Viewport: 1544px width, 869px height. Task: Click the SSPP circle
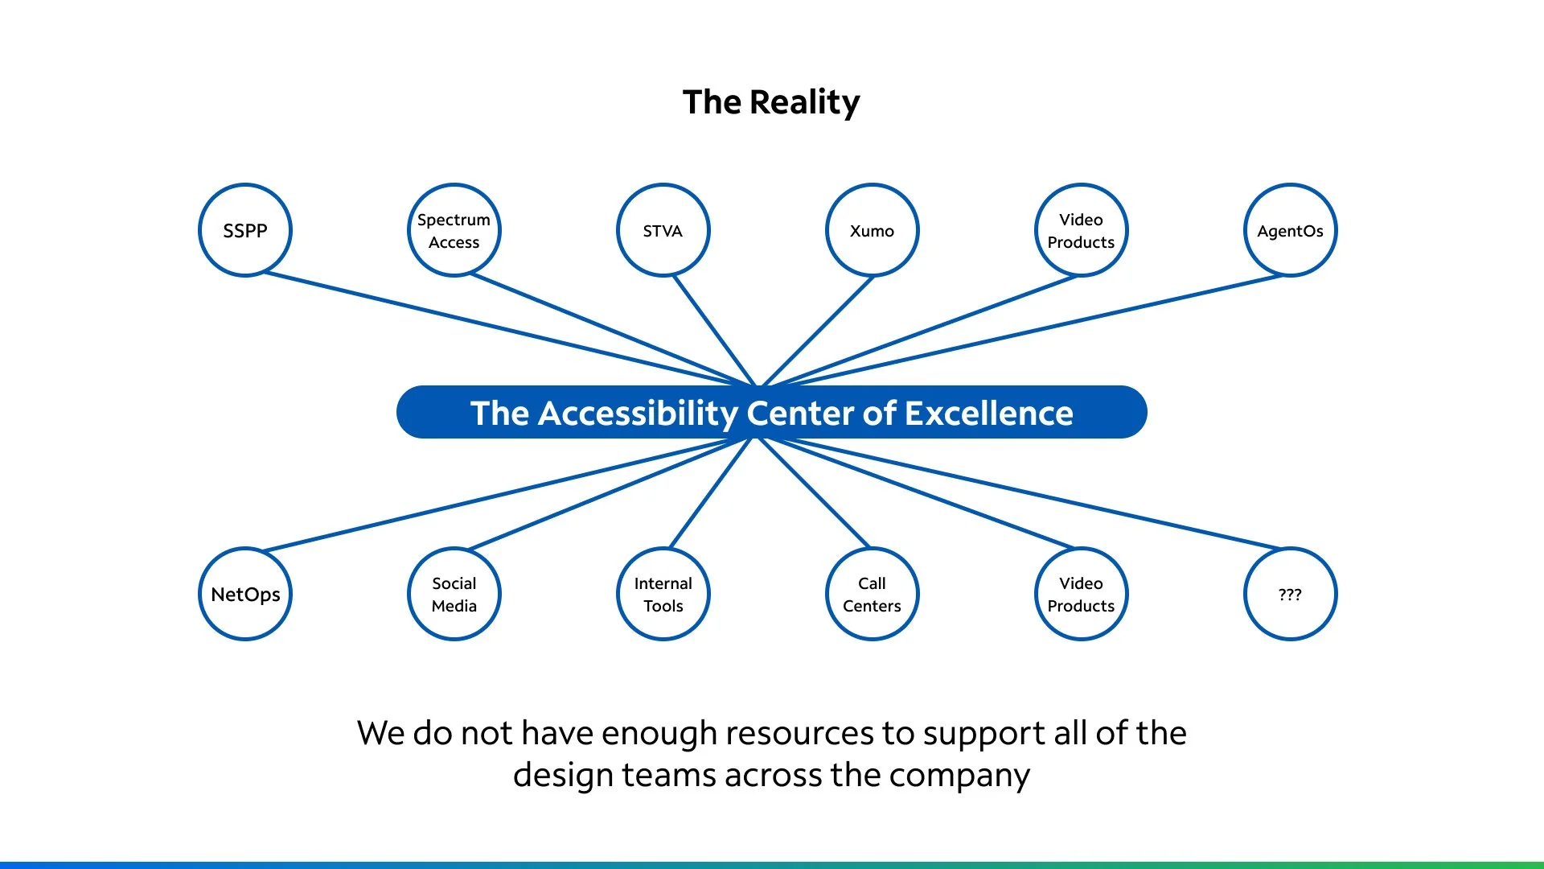(245, 231)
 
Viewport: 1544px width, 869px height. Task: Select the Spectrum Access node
(454, 231)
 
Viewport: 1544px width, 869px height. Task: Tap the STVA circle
(663, 231)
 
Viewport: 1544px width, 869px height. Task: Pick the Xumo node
(873, 231)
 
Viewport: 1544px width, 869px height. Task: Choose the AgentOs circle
(1291, 231)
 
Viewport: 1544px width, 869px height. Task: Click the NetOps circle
(245, 595)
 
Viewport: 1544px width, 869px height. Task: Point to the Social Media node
(454, 595)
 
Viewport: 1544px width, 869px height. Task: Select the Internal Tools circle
(663, 595)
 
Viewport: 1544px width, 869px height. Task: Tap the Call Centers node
(873, 595)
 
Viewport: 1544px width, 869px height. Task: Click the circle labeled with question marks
(1291, 595)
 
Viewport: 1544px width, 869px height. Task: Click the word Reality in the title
(804, 102)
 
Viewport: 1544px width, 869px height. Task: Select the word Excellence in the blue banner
(988, 414)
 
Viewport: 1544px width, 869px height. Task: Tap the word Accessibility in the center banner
(638, 414)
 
